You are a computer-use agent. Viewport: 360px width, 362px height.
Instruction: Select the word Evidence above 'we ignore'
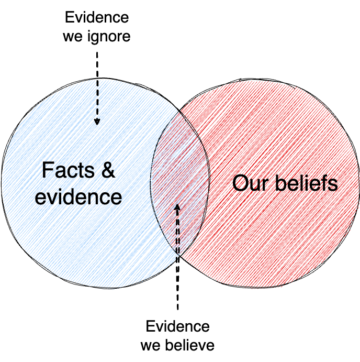pos(97,17)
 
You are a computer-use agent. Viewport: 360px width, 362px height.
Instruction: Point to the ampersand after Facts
pos(107,171)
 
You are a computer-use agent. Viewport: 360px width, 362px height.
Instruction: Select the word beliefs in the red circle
pos(304,183)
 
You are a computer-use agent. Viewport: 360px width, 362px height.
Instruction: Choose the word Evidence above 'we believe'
pos(177,327)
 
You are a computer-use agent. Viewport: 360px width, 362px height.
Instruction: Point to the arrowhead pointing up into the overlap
pos(177,207)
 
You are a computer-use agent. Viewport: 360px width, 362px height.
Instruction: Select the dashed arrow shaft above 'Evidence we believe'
pos(177,262)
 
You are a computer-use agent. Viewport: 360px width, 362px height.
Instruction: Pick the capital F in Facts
pos(47,171)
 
